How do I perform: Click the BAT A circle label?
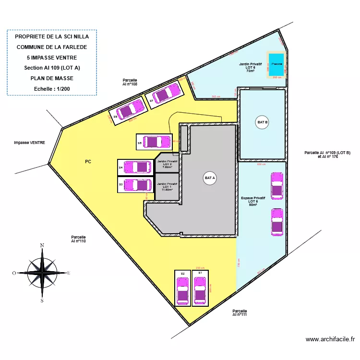click(x=210, y=178)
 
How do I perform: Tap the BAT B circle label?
click(x=263, y=122)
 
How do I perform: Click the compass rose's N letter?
click(x=42, y=245)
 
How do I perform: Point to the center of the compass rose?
click(x=43, y=273)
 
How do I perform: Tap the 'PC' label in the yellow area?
click(x=88, y=162)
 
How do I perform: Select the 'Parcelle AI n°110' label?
click(x=78, y=239)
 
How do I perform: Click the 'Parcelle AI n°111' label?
click(x=240, y=312)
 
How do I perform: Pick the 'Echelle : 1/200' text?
click(x=52, y=89)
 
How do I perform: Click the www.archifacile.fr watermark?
click(x=330, y=339)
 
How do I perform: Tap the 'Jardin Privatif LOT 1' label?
click(x=167, y=186)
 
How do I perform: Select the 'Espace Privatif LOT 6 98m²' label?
click(x=253, y=201)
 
